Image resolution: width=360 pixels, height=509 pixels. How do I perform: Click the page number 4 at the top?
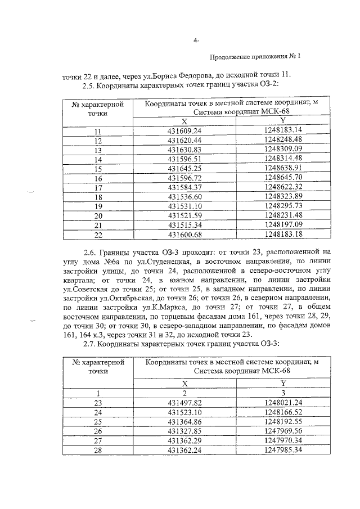195,41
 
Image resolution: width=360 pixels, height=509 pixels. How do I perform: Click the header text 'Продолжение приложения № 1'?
255,57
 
